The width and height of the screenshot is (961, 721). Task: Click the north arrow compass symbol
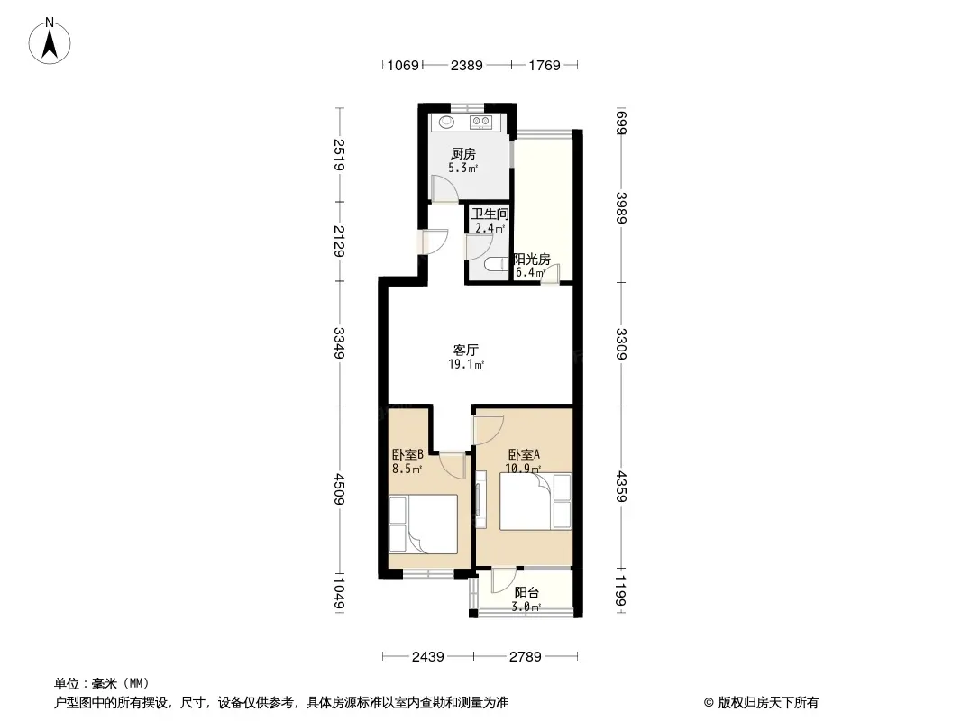50,41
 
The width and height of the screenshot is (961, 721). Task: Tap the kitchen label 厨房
462,154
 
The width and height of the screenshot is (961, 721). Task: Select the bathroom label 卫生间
490,214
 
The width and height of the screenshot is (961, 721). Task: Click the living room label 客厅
465,350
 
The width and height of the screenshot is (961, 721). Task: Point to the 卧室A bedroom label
524,454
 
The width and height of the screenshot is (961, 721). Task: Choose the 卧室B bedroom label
407,454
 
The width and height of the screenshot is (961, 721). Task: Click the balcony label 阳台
526,592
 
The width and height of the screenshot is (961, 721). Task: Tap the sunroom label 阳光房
531,259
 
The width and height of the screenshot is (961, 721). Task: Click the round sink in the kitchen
447,122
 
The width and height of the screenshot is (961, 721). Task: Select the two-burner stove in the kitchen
480,123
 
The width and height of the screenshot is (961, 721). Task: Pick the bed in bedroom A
535,501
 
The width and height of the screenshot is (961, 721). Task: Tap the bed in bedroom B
423,525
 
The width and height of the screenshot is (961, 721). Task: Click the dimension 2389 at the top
466,65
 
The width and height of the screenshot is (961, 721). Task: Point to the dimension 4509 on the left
339,489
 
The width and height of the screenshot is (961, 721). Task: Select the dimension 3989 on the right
621,208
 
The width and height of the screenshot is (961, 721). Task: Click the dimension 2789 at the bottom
526,657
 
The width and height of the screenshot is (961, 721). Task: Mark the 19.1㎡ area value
466,364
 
